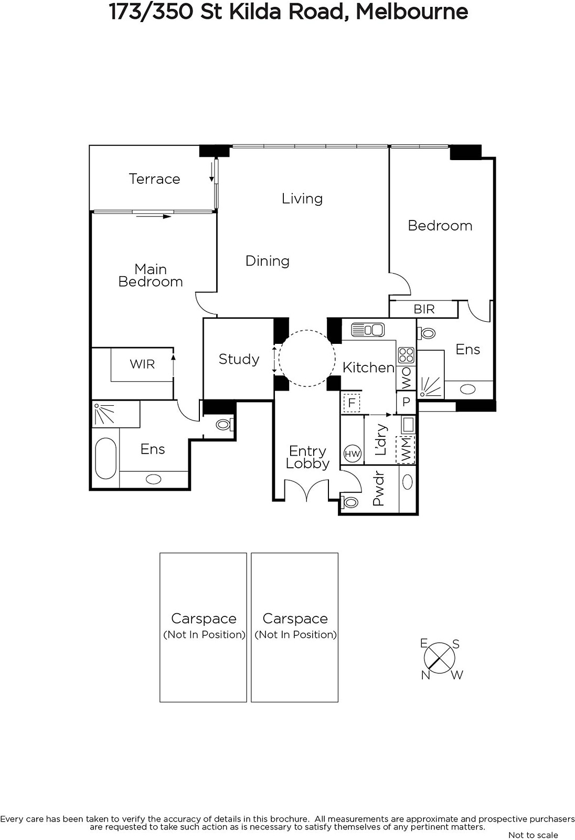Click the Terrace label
[x=154, y=179]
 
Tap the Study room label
[x=239, y=359]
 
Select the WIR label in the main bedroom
[x=142, y=364]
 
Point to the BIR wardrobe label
[x=424, y=309]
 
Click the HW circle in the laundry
[x=352, y=454]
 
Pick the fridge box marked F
[x=352, y=403]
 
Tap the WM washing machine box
[x=406, y=449]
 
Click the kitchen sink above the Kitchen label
[x=368, y=330]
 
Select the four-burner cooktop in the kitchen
[x=406, y=355]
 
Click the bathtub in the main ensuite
[x=105, y=458]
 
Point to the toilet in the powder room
[x=350, y=502]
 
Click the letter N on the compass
[x=425, y=675]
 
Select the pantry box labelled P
[x=406, y=402]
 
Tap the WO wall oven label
[x=406, y=378]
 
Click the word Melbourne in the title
[x=411, y=12]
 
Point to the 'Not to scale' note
[x=533, y=835]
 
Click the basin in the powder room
[x=408, y=482]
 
